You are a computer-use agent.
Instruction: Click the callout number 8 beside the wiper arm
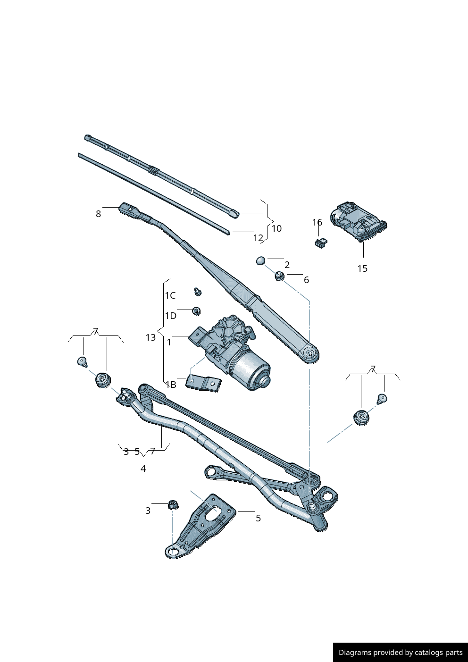click(x=98, y=214)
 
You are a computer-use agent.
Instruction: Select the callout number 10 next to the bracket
click(x=276, y=228)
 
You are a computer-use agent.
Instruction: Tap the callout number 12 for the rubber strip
click(x=258, y=238)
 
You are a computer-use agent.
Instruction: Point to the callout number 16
click(x=317, y=222)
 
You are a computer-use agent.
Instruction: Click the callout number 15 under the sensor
click(x=362, y=268)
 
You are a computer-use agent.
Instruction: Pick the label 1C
click(x=170, y=295)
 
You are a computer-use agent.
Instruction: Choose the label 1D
click(x=170, y=316)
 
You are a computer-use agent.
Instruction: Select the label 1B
click(x=171, y=385)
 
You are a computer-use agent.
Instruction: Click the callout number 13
click(x=150, y=337)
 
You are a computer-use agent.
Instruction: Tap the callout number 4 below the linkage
click(x=143, y=469)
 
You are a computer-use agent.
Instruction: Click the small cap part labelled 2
click(x=261, y=260)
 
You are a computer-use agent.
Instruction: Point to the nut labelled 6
click(x=279, y=276)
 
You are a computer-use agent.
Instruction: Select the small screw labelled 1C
click(x=198, y=292)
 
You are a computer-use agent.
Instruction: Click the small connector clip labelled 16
click(x=321, y=243)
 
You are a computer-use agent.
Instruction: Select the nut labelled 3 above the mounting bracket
click(x=173, y=504)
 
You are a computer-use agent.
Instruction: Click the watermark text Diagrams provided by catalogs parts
click(x=401, y=653)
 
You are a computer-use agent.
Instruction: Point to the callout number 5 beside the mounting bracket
click(x=258, y=518)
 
